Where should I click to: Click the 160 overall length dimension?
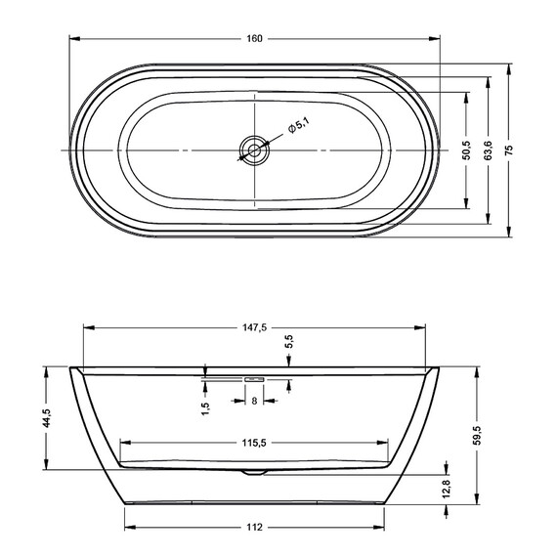(255, 38)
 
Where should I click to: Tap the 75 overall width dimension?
(509, 150)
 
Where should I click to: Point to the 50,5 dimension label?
(466, 150)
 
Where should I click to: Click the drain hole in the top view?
(255, 150)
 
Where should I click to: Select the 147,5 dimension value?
(255, 329)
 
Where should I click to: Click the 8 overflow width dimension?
(255, 401)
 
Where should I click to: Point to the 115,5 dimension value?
(255, 443)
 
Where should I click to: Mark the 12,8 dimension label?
(447, 490)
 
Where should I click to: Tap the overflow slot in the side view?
(255, 377)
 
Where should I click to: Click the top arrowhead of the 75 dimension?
(509, 67)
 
